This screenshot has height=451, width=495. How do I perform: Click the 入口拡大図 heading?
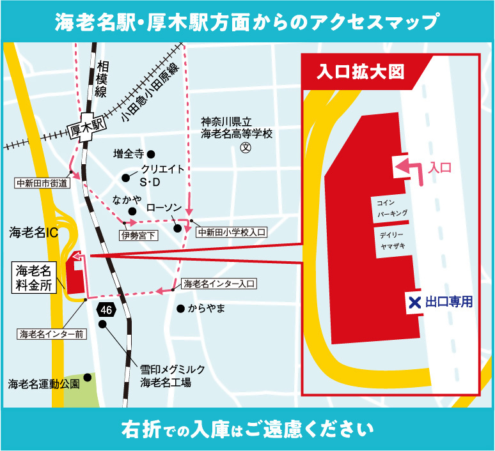[361, 72]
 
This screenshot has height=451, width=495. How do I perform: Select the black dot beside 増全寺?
[152, 154]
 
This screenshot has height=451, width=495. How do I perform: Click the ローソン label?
[165, 208]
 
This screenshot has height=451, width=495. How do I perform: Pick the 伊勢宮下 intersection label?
[138, 236]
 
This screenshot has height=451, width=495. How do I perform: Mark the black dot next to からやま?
[181, 309]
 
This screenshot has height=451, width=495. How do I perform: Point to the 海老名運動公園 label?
[43, 384]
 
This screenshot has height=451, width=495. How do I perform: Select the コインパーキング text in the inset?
[392, 207]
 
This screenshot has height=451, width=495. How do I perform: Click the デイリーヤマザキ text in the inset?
[391, 241]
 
